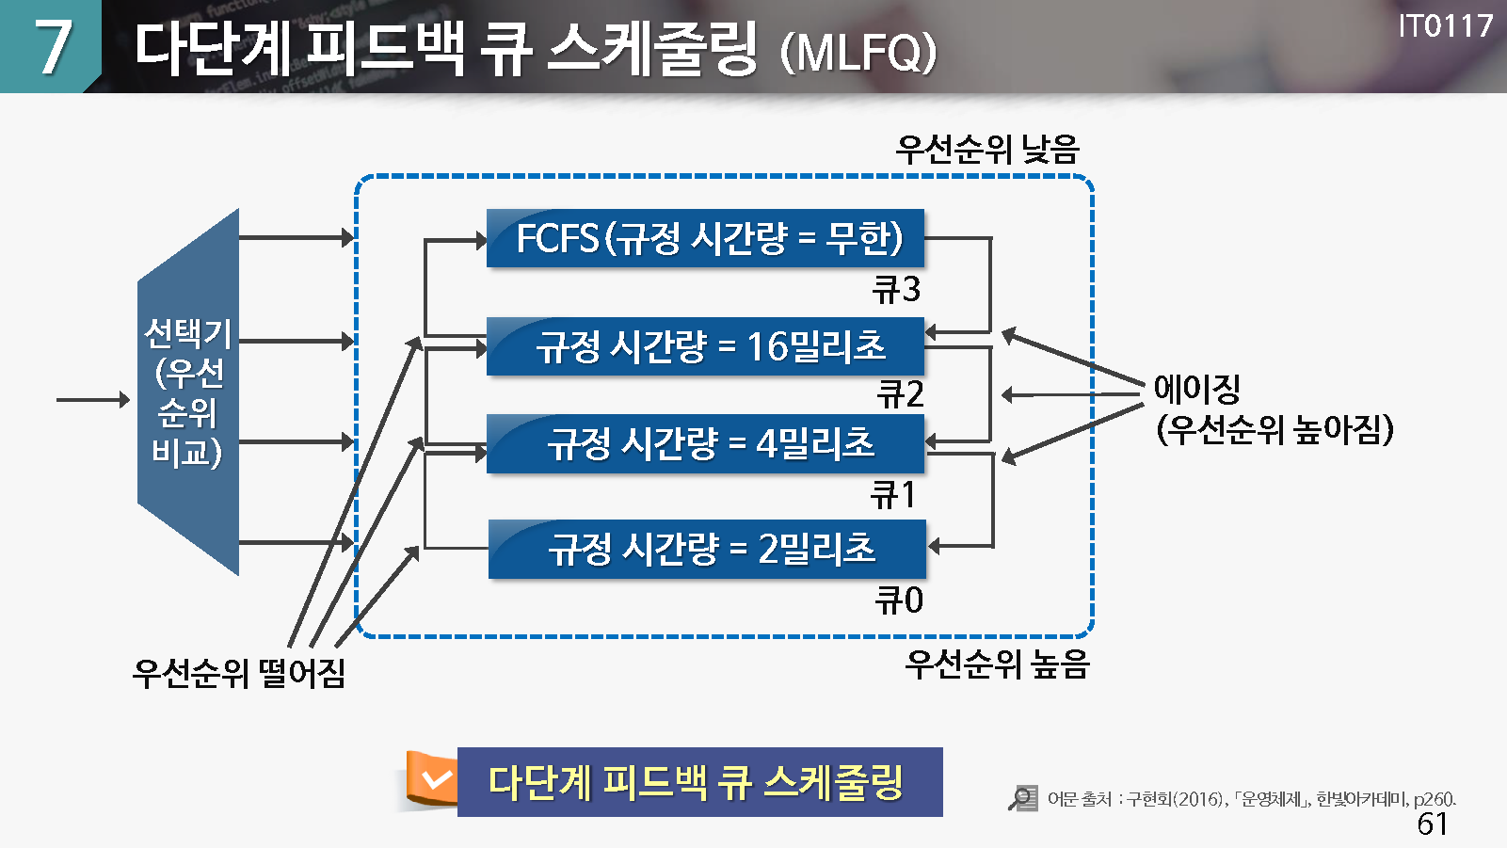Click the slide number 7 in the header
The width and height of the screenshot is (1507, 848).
pos(53,47)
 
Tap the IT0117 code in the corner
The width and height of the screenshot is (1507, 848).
pos(1445,25)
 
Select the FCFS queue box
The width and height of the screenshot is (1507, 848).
pos(705,238)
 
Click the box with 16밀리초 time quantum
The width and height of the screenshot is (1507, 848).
pos(705,346)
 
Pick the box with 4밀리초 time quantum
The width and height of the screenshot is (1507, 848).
pos(705,443)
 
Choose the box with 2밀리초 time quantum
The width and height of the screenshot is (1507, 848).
pos(707,549)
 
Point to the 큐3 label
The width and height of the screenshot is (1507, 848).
pos(896,289)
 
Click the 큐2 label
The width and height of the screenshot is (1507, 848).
pos(900,393)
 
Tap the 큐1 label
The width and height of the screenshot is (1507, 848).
pos(893,494)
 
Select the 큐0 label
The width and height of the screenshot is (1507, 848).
pos(899,600)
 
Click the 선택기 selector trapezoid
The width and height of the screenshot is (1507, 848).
pos(188,392)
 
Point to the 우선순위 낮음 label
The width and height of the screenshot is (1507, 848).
pos(987,149)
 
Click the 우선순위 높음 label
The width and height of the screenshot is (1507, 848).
pos(997,664)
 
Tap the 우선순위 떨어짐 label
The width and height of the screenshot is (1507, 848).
pos(239,672)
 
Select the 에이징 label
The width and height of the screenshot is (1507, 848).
pos(1197,388)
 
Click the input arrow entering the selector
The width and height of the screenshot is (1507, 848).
pos(92,400)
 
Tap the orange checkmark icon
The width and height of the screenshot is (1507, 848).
pos(434,779)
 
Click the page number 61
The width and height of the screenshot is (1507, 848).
pos(1432,824)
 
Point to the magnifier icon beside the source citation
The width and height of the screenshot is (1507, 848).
pos(1022,798)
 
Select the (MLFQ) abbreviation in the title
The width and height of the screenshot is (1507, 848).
pos(858,52)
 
